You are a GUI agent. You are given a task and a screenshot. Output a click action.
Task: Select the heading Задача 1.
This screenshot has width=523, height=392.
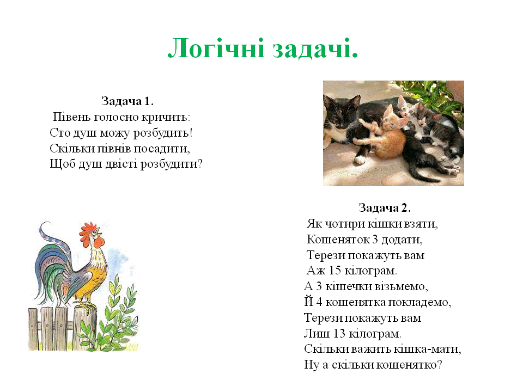(x=127, y=101)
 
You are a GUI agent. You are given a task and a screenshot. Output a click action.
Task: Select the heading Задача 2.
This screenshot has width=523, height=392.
(x=385, y=207)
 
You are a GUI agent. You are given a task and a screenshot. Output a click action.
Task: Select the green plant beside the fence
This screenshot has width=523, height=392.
(x=117, y=316)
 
